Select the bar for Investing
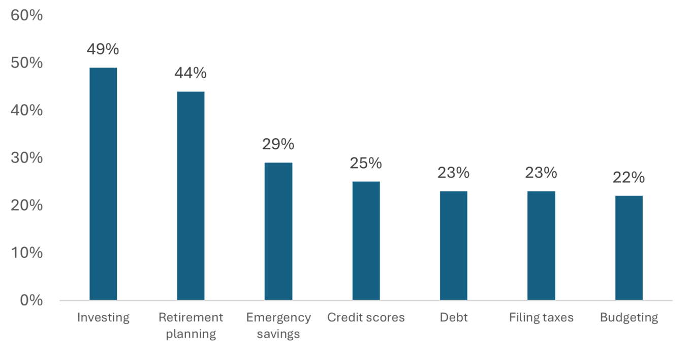(x=103, y=184)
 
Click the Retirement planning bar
(x=191, y=195)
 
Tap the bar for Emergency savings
(x=278, y=231)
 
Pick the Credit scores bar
(x=366, y=241)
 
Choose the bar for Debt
(x=453, y=245)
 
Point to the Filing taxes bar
(x=541, y=245)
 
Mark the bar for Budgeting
(x=628, y=248)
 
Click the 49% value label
(x=103, y=49)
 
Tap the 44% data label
(x=191, y=73)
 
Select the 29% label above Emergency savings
(x=278, y=144)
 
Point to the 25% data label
(x=366, y=163)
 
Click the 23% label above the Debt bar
(x=453, y=173)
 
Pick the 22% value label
(x=628, y=178)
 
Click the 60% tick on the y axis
(x=26, y=15)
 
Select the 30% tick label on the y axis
(x=26, y=158)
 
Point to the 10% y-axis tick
(x=26, y=253)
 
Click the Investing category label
(x=103, y=318)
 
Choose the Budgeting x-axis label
(x=628, y=318)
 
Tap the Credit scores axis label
(x=366, y=318)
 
